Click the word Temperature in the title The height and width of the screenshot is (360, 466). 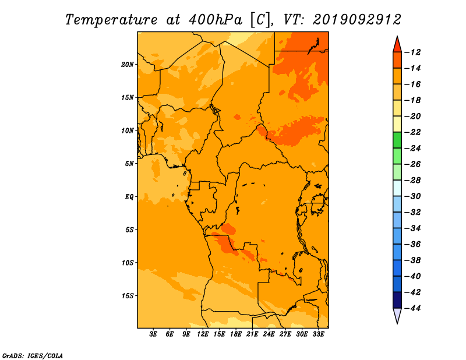(111, 20)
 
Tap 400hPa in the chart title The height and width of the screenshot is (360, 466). (215, 20)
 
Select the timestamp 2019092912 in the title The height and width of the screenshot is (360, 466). (356, 20)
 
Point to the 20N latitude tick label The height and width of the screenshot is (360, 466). (128, 65)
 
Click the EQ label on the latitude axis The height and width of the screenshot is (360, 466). (129, 197)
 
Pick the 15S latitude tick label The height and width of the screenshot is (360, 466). (128, 296)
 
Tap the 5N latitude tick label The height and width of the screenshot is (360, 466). (129, 164)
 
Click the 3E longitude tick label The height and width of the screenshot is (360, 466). (153, 334)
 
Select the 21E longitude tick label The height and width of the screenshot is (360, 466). (252, 334)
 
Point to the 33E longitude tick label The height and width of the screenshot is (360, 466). (318, 334)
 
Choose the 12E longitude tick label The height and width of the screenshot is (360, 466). (203, 334)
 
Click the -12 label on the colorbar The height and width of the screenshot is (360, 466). (413, 52)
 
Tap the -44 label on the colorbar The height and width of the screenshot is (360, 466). (413, 308)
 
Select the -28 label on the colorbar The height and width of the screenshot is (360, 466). (413, 181)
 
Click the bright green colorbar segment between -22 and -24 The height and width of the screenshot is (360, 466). (397, 140)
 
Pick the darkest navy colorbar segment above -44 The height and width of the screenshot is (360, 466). (397, 300)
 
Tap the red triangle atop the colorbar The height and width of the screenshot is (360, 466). (397, 45)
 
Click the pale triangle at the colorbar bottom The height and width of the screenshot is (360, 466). (397, 316)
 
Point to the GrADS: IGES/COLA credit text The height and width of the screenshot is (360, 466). (33, 356)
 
